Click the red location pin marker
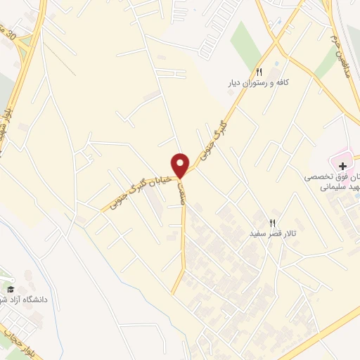pyautogui.click(x=181, y=165)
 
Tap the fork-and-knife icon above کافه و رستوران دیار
pyautogui.click(x=259, y=72)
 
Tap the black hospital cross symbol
pyautogui.click(x=342, y=167)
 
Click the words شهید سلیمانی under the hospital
pyautogui.click(x=337, y=188)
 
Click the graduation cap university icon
pyautogui.click(x=11, y=289)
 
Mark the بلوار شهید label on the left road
pyautogui.click(x=7, y=120)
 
